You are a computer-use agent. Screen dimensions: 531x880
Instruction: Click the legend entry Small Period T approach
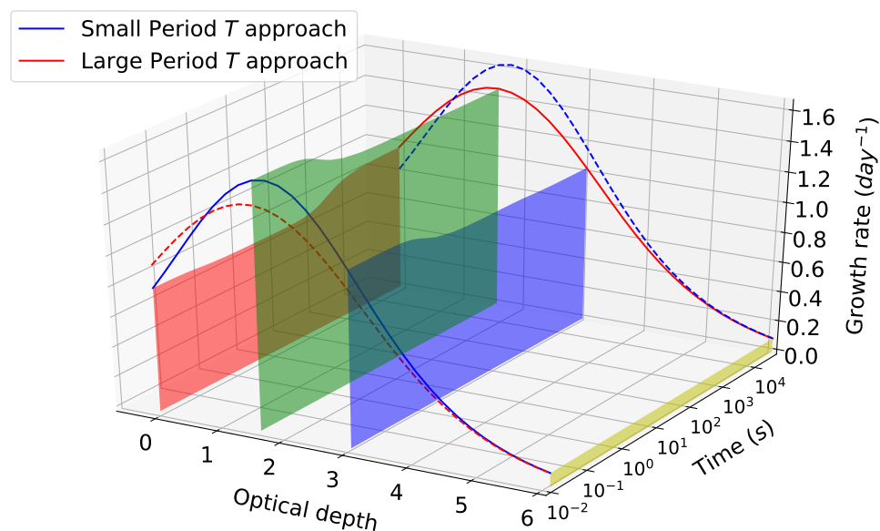pos(213,28)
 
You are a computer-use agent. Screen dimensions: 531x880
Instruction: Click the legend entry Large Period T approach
pos(213,62)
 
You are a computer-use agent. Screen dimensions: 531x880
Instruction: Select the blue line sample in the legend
pos(43,28)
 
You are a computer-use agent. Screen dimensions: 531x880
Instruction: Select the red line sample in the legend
pos(43,62)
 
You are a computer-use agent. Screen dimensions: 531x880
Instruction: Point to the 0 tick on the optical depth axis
pos(147,443)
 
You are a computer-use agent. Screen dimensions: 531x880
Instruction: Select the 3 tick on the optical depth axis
pos(331,481)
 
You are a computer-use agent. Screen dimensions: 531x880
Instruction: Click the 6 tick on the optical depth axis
pos(527,519)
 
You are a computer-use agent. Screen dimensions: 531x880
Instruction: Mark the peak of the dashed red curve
pos(238,205)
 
